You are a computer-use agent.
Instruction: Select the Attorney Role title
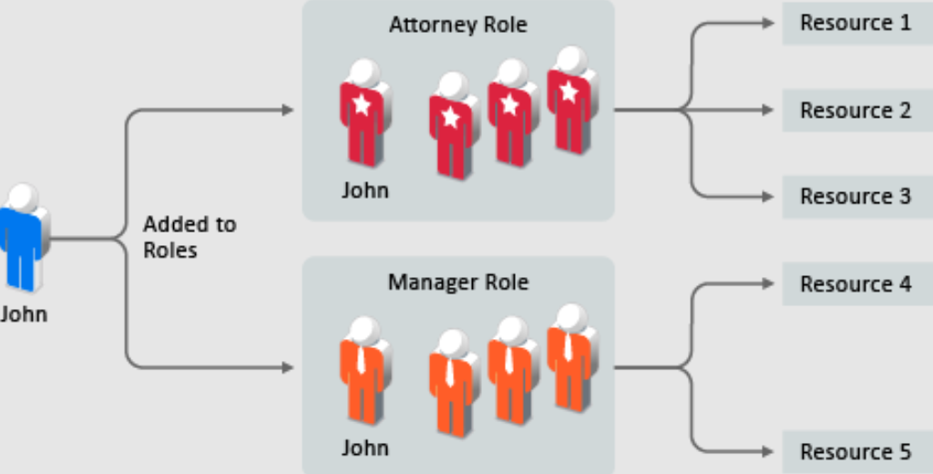pyautogui.click(x=457, y=25)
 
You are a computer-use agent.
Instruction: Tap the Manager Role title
pyautogui.click(x=457, y=282)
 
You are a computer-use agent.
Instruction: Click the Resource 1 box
pyautogui.click(x=856, y=23)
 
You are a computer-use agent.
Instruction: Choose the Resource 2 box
pyautogui.click(x=856, y=110)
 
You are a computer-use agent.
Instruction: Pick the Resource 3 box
pyautogui.click(x=856, y=196)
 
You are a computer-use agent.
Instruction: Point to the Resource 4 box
pyautogui.click(x=856, y=283)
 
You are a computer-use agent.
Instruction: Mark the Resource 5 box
pyautogui.click(x=856, y=451)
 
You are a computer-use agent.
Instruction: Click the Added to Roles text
pyautogui.click(x=189, y=236)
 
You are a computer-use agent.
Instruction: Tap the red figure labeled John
pyautogui.click(x=364, y=114)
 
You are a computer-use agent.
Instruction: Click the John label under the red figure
pyautogui.click(x=364, y=191)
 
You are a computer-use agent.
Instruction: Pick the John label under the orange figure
pyautogui.click(x=364, y=448)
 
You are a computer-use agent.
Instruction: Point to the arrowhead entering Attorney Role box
pyautogui.click(x=288, y=110)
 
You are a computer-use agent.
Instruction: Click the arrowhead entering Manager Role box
pyautogui.click(x=288, y=367)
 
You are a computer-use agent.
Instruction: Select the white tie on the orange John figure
pyautogui.click(x=362, y=357)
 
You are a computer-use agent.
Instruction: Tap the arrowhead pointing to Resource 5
pyautogui.click(x=768, y=452)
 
